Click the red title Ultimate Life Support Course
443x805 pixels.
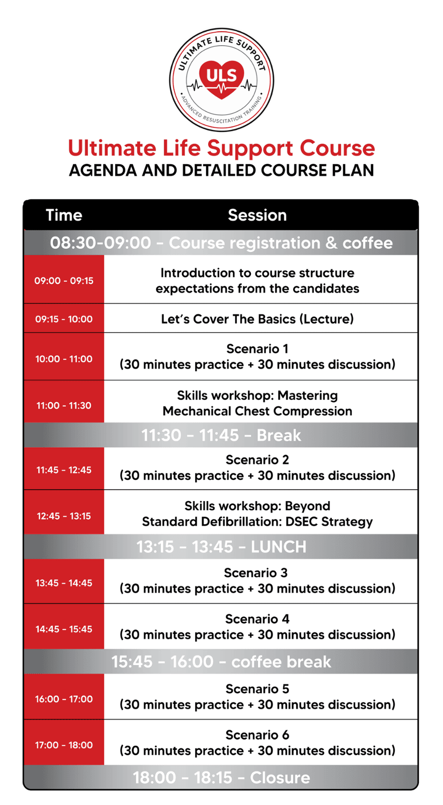point(221,148)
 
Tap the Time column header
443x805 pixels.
point(64,215)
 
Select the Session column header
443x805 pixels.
point(257,215)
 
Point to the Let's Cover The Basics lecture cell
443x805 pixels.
point(261,318)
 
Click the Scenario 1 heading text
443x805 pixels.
point(257,349)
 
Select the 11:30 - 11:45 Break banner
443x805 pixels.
point(221,435)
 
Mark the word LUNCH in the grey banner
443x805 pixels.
point(279,547)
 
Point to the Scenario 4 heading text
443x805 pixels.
point(257,619)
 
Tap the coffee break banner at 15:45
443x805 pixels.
point(221,662)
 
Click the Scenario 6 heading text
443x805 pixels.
point(257,735)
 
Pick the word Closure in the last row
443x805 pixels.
point(280,778)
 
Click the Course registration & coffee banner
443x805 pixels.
point(221,243)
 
